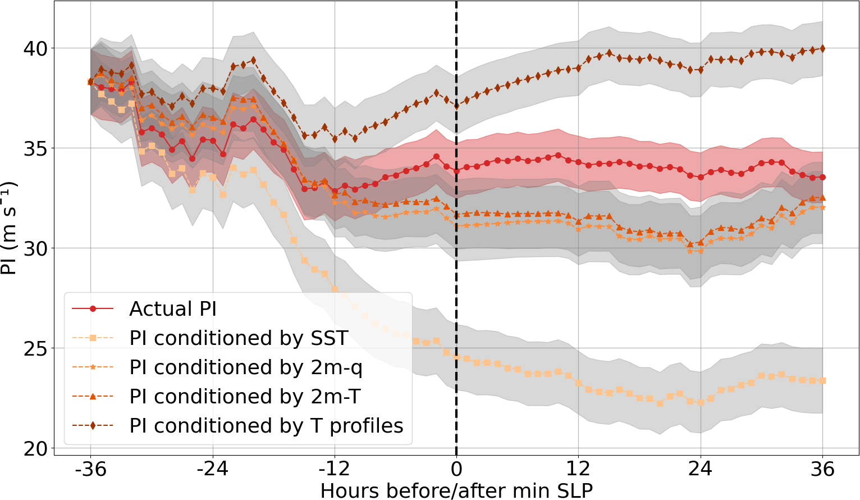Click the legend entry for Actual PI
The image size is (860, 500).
pyautogui.click(x=172, y=309)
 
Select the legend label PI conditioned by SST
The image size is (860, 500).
pyautogui.click(x=239, y=338)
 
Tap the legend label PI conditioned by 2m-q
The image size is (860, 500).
pyautogui.click(x=246, y=367)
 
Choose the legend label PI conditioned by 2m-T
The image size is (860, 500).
pyautogui.click(x=245, y=397)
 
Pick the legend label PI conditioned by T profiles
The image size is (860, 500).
pyautogui.click(x=266, y=426)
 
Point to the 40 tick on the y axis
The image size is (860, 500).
pyautogui.click(x=35, y=48)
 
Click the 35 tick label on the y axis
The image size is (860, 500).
pyautogui.click(x=35, y=148)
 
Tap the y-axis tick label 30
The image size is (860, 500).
pyautogui.click(x=35, y=248)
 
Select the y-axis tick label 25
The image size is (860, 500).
pyautogui.click(x=35, y=348)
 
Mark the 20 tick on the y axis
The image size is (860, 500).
pyautogui.click(x=35, y=448)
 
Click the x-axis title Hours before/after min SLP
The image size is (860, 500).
pyautogui.click(x=456, y=490)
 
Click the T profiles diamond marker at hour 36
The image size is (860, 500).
pyautogui.click(x=822, y=49)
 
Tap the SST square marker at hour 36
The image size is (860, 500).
pyautogui.click(x=822, y=381)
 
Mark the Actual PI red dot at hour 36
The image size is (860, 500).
pyautogui.click(x=822, y=178)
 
